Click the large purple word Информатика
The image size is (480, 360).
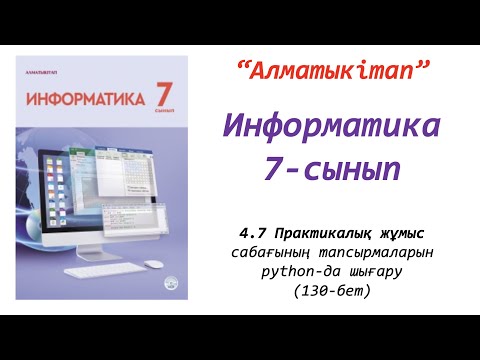coord(331,127)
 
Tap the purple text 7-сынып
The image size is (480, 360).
coord(332,169)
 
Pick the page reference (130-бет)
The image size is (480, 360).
coord(331,290)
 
